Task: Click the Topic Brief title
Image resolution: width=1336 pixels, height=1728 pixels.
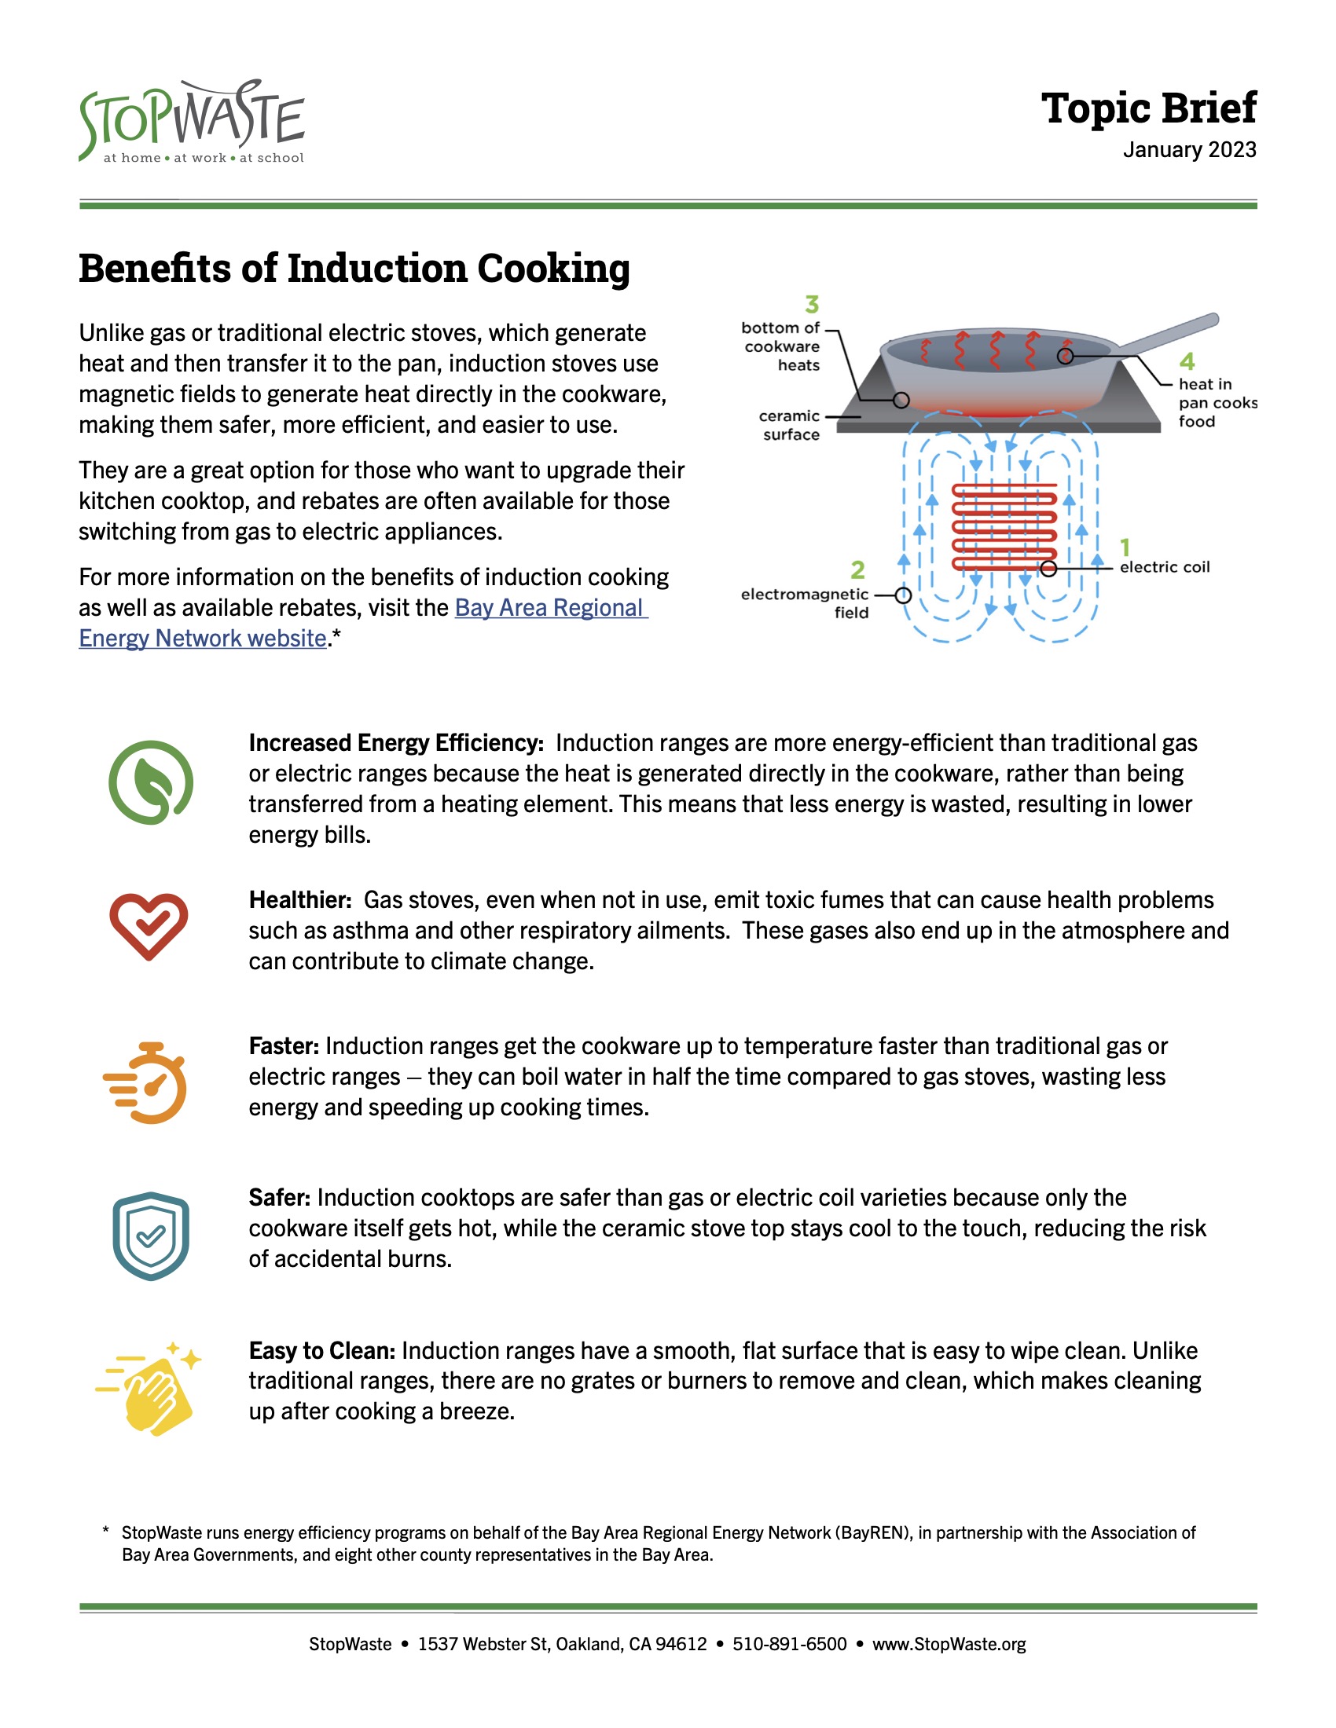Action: coord(1148,108)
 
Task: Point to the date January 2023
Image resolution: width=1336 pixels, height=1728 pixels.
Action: coord(1190,149)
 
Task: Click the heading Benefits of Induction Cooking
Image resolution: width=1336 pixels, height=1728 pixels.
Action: coord(354,268)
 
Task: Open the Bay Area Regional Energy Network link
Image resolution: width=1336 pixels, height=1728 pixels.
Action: coord(362,623)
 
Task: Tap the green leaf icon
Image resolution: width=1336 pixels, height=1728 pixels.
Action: coord(150,782)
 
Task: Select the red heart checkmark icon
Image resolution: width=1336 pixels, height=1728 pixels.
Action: coord(149,927)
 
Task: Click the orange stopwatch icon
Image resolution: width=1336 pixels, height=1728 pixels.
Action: coord(145,1083)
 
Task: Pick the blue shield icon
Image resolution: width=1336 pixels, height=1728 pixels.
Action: coord(150,1235)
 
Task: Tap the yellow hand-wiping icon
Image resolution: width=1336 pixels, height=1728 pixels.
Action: coord(149,1389)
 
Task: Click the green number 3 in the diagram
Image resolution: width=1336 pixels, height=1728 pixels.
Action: coord(812,305)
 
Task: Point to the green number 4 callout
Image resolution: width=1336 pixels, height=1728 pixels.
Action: coord(1187,361)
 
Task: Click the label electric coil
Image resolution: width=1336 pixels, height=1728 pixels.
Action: coord(1164,566)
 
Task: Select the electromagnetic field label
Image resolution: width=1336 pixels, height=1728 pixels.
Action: coord(805,603)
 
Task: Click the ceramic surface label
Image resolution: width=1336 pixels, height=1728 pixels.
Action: coord(789,425)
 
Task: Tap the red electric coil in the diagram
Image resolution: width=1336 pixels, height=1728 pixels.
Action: coord(1004,527)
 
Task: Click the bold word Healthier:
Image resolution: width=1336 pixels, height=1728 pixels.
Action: coord(300,899)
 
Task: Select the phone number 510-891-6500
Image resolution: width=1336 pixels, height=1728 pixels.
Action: coord(789,1644)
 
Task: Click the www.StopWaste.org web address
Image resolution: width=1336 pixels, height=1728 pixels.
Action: coord(949,1644)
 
